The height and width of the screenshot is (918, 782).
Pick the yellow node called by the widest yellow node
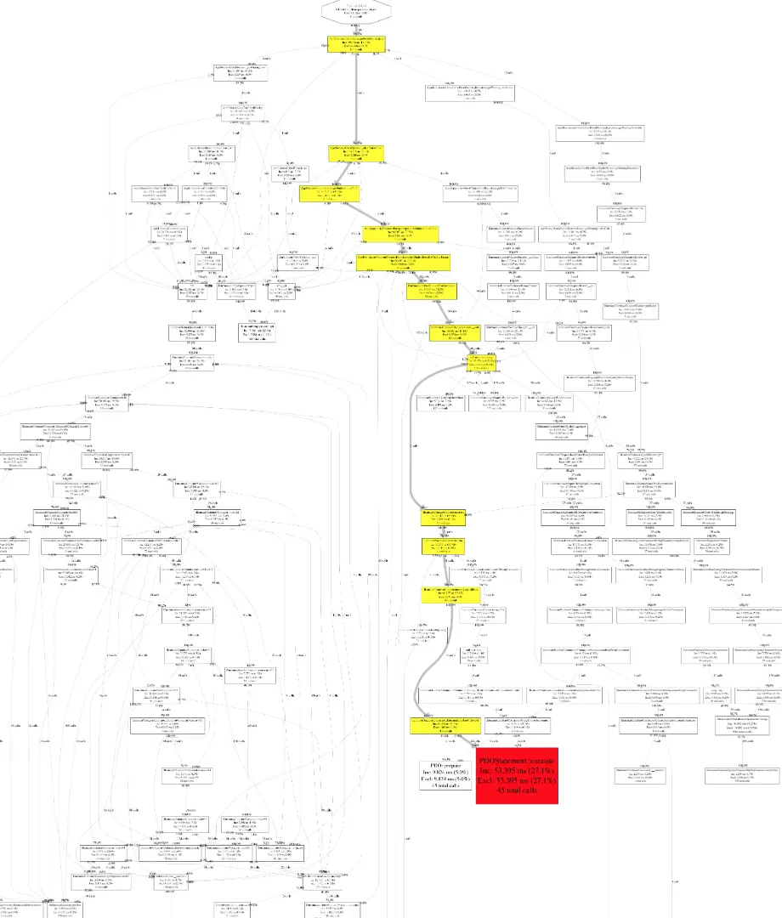click(x=432, y=292)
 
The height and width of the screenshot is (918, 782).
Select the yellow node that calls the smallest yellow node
click(x=444, y=331)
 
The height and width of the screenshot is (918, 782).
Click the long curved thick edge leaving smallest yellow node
click(x=412, y=442)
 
